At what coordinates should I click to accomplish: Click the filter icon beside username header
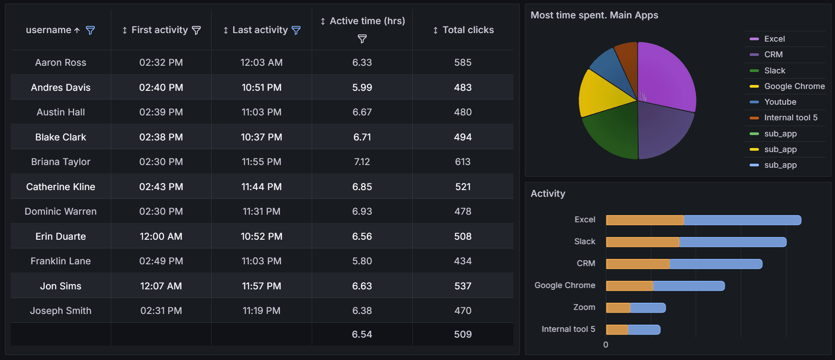pyautogui.click(x=90, y=30)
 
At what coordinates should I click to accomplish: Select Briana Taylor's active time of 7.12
pyautogui.click(x=362, y=162)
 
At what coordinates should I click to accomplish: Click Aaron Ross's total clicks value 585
pyautogui.click(x=462, y=63)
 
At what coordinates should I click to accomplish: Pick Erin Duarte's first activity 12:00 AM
pyautogui.click(x=161, y=236)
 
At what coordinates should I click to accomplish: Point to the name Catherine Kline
pyautogui.click(x=61, y=186)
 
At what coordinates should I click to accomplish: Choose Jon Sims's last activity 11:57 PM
pyautogui.click(x=262, y=286)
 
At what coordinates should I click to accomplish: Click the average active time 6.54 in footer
pyautogui.click(x=362, y=334)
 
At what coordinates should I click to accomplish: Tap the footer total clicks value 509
pyautogui.click(x=462, y=334)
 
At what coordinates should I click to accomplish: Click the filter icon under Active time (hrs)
pyautogui.click(x=362, y=39)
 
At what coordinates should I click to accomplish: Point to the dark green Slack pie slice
pyautogui.click(x=613, y=132)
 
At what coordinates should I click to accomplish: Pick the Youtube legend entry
pyautogui.click(x=780, y=102)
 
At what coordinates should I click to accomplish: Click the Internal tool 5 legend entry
pyautogui.click(x=790, y=118)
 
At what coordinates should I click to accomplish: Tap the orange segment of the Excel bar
pyautogui.click(x=644, y=220)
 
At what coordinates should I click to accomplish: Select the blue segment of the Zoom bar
pyautogui.click(x=648, y=308)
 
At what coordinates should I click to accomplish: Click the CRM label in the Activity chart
pyautogui.click(x=586, y=263)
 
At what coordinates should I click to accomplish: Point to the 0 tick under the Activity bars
pyautogui.click(x=606, y=345)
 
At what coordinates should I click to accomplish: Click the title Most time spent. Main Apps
pyautogui.click(x=594, y=15)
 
